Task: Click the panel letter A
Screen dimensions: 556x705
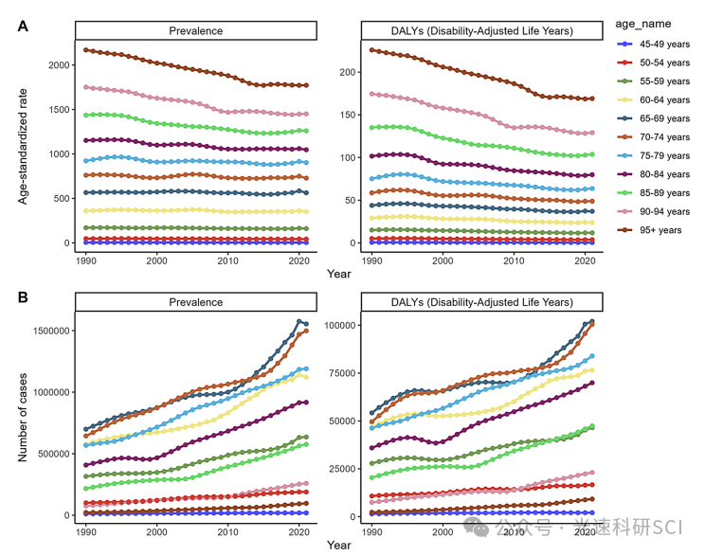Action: [x=23, y=27]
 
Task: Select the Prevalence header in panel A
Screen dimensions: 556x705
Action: [x=196, y=31]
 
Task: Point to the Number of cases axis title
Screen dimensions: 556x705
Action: [x=22, y=411]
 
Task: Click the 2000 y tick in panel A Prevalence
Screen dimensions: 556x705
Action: [x=59, y=64]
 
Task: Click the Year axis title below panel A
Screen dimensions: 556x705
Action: [x=339, y=274]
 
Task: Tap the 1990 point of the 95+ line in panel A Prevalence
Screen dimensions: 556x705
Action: [x=85, y=49]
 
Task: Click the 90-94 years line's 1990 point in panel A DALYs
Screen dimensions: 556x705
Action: [x=371, y=94]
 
